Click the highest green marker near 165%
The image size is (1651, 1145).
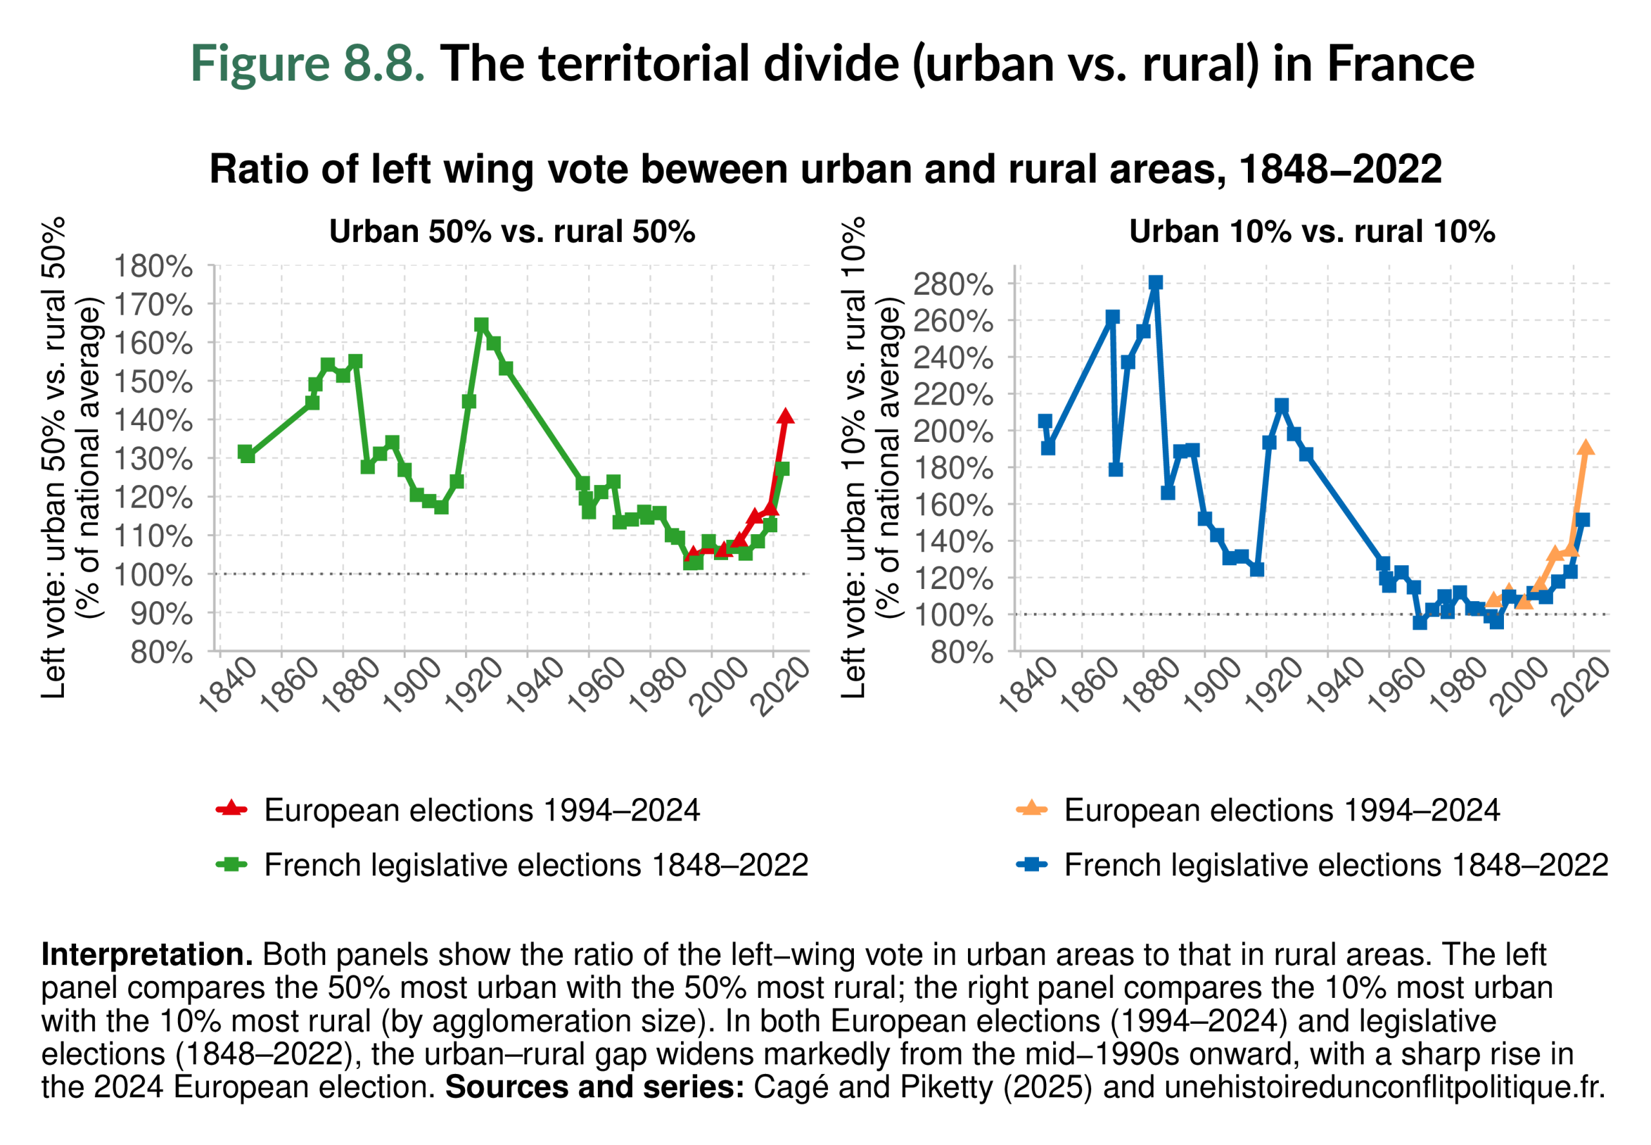pos(480,325)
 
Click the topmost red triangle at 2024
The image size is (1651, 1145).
pos(786,416)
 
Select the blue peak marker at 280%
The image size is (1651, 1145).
pos(1156,283)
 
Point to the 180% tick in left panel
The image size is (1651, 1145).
pos(153,266)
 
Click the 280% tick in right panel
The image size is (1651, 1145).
pos(953,285)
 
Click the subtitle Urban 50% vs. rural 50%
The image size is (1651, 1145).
pos(512,231)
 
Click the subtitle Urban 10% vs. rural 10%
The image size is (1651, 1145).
pos(1312,231)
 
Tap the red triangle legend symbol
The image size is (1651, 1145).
pos(231,810)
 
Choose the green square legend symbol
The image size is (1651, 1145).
pos(231,864)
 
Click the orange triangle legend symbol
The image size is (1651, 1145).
pos(1031,810)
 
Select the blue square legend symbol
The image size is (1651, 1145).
pos(1031,864)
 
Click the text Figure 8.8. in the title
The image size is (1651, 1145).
pos(308,63)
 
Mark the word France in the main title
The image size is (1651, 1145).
pos(1400,63)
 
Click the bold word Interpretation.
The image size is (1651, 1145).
pos(147,955)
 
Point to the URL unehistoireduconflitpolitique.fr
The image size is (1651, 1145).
pos(1383,1087)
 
